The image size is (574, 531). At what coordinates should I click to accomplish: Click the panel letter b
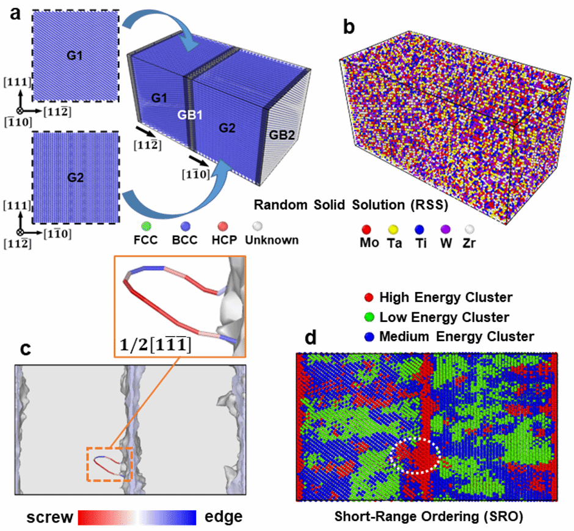347,27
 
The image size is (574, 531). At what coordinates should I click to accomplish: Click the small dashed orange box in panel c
109,464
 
